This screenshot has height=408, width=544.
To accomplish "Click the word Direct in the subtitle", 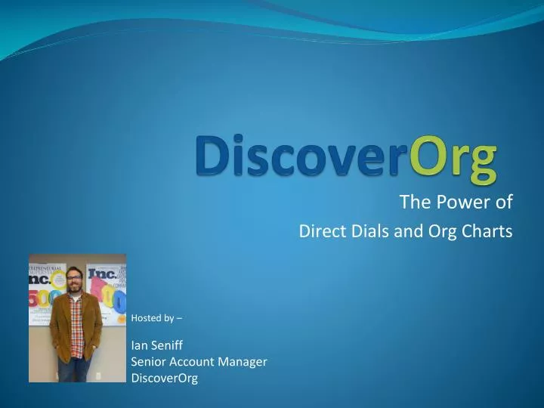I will [319, 232].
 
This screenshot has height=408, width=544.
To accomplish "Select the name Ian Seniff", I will [157, 345].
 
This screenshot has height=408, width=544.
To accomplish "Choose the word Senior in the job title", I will [150, 362].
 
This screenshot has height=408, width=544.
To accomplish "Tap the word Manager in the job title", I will [243, 362].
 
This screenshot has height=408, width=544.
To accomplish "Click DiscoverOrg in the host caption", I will [164, 379].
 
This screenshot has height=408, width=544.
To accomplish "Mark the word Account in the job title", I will [199, 362].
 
